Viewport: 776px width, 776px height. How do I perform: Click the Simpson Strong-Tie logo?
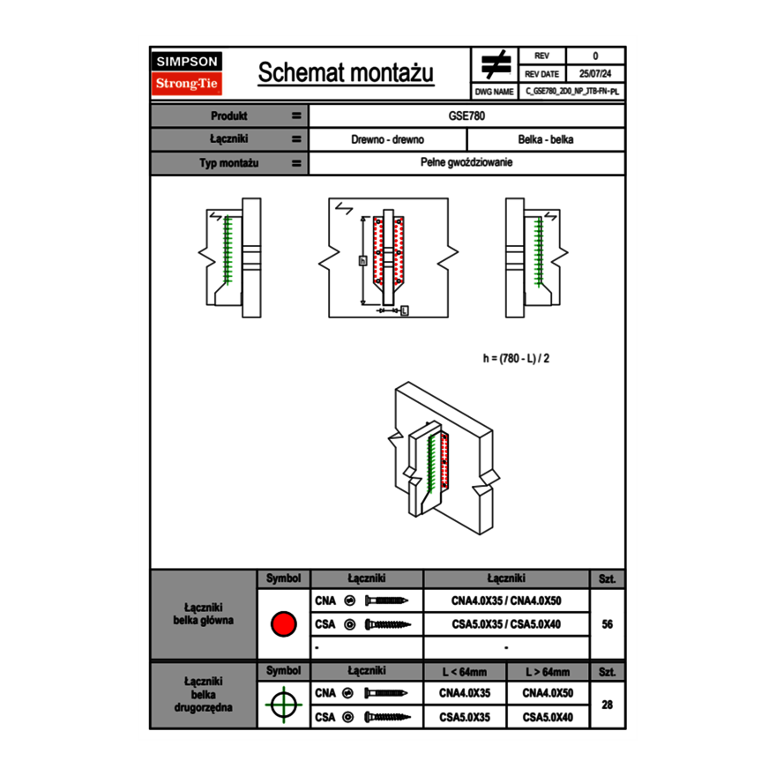point(188,73)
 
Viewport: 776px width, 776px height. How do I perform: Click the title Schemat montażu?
point(346,73)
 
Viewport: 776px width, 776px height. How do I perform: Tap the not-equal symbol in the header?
point(495,64)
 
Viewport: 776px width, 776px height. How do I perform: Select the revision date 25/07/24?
point(595,74)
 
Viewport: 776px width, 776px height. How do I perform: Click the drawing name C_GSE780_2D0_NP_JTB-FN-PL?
point(572,91)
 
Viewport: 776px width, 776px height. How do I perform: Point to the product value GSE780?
point(467,116)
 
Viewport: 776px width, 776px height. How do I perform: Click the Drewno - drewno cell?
point(388,139)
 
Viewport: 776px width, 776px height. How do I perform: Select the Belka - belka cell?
point(546,139)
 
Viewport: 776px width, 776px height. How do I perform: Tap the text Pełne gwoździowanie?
point(467,163)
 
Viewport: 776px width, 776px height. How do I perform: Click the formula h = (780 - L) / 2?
point(522,358)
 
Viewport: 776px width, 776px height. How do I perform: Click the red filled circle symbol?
point(283,624)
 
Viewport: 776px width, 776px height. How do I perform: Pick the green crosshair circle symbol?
point(283,705)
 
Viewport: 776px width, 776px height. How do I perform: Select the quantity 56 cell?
point(607,624)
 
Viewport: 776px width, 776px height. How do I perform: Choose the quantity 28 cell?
point(607,705)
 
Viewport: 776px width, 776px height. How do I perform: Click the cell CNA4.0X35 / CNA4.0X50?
point(506,601)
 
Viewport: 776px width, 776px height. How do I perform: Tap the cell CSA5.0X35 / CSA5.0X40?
point(506,624)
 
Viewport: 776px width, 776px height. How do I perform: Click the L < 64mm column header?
point(465,672)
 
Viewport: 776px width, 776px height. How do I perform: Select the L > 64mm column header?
point(548,672)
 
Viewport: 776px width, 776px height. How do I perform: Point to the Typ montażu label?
point(229,163)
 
